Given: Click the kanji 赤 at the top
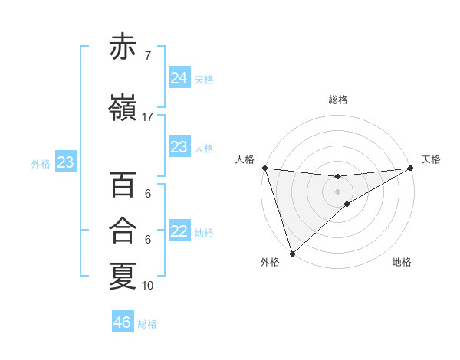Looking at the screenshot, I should point(123,47).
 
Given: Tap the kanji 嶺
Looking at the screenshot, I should point(123,108).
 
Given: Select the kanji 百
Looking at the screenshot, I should point(123,186).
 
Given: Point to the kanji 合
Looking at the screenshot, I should point(123,230).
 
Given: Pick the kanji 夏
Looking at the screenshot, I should point(123,277).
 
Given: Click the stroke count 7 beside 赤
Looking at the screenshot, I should point(148,57).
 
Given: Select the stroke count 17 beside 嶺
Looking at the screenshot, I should point(148,117).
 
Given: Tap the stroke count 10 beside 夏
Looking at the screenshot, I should point(148,286).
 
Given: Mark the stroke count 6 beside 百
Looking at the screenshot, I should point(148,195).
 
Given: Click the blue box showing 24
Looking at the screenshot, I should point(179,78).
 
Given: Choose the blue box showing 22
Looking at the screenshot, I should point(179,232).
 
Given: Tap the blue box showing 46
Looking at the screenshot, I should point(123,322).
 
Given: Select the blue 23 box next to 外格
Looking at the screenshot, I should point(65,162).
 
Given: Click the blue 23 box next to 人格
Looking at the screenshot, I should point(179,147).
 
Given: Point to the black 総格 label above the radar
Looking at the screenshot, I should point(338,100).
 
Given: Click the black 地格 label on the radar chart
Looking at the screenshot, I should point(402,263).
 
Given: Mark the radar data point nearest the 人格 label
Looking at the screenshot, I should point(264,168).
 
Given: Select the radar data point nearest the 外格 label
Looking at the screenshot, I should point(291,253).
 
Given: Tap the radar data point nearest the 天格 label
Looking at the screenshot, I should point(411,168).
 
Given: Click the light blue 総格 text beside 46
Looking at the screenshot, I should point(148,324).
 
